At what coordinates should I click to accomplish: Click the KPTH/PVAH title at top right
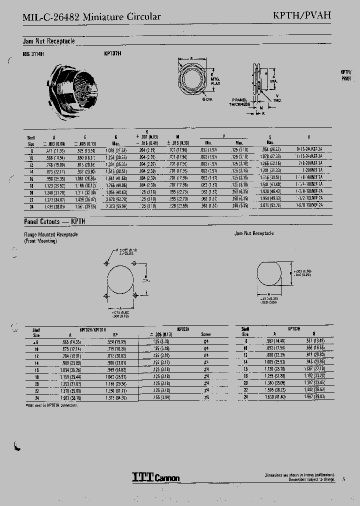click(x=308, y=15)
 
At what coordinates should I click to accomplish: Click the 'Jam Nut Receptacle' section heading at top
click(x=48, y=41)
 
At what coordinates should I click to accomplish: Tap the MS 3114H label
click(x=33, y=53)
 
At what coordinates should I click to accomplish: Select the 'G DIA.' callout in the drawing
click(x=208, y=99)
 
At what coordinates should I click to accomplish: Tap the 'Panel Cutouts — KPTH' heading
click(x=52, y=220)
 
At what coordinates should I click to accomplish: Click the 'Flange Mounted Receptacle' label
click(x=50, y=234)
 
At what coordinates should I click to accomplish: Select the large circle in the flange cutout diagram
click(x=120, y=280)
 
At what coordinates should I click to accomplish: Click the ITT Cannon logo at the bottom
click(x=155, y=477)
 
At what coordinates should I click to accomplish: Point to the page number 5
click(x=343, y=479)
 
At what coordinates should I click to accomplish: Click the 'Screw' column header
click(x=206, y=334)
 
